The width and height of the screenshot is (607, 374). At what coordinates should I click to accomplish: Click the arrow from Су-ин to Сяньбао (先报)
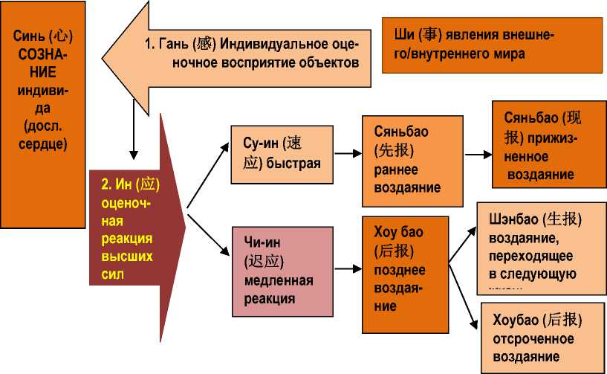pos(343,154)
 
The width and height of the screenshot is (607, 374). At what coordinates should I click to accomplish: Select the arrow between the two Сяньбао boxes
pos(478,155)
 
